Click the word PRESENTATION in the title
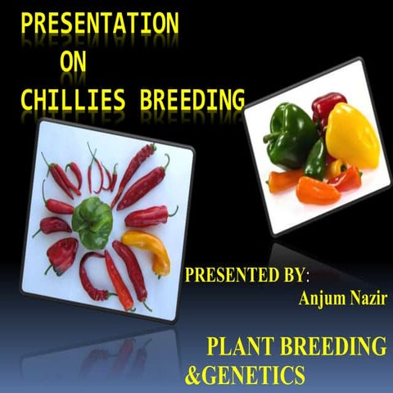100,24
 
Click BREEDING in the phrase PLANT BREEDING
332,345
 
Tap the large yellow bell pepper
352,135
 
